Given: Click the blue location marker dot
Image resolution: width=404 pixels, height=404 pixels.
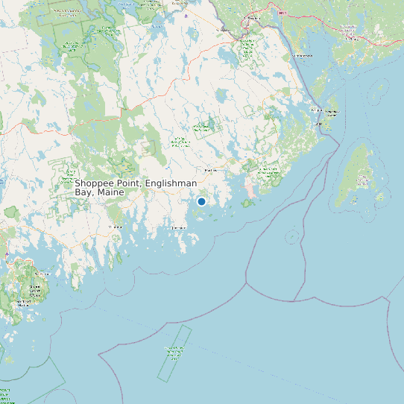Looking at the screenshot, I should tap(201, 201).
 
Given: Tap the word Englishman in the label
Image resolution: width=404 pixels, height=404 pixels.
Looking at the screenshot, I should tap(171, 183).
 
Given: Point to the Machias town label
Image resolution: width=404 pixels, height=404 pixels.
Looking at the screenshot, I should tap(210, 171).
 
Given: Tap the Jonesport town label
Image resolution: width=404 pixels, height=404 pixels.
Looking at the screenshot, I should tap(179, 227).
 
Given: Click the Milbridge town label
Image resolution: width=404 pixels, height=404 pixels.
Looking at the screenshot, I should tap(116, 226).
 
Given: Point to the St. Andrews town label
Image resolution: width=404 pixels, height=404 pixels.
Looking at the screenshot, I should tap(303, 56).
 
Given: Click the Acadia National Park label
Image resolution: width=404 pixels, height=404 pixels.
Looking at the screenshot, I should tap(34, 288).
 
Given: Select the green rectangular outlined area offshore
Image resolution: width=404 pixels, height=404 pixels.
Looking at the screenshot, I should tap(174, 353).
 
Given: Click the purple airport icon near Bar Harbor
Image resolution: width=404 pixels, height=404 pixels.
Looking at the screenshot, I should tap(6, 254).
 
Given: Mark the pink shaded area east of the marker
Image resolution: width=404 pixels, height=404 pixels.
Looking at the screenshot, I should tap(250, 191).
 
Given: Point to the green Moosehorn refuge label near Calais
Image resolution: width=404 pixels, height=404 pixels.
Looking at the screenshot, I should tap(247, 49).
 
